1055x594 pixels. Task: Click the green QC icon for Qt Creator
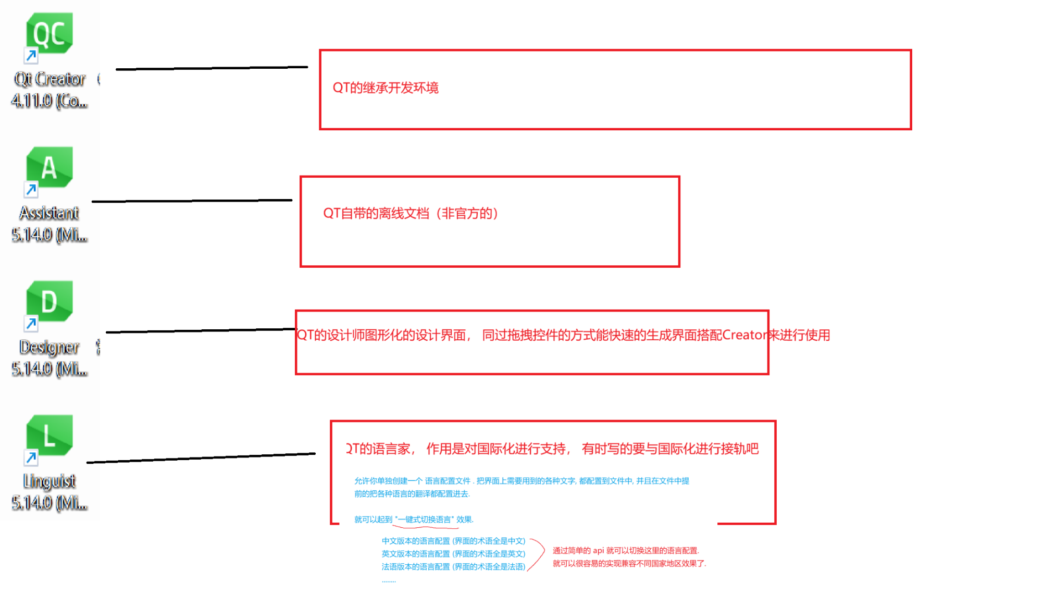tap(49, 33)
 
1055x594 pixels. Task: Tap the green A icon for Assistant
tap(49, 167)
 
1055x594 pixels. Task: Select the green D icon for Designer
tap(49, 301)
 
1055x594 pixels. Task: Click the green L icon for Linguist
tap(49, 435)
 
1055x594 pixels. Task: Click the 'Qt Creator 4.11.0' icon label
tap(49, 90)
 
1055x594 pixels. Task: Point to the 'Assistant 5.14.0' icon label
tap(49, 224)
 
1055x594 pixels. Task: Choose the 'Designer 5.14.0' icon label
tap(49, 357)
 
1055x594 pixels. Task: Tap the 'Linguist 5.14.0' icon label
tap(49, 491)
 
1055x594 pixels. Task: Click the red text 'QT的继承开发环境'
tap(386, 88)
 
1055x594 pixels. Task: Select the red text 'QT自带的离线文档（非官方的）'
tap(411, 213)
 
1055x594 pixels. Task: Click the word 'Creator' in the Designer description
tap(745, 335)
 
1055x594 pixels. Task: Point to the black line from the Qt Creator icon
tap(212, 68)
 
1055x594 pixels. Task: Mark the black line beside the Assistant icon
tap(192, 201)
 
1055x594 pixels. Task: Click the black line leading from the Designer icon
tap(201, 330)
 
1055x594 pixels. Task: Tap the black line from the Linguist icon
tap(201, 458)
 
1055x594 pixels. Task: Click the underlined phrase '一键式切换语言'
tap(425, 519)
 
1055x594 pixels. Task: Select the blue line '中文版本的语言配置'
tap(453, 541)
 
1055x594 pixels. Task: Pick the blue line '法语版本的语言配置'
tap(453, 566)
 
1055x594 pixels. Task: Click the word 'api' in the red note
tap(598, 550)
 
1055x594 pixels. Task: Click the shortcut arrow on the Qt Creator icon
tap(31, 55)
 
